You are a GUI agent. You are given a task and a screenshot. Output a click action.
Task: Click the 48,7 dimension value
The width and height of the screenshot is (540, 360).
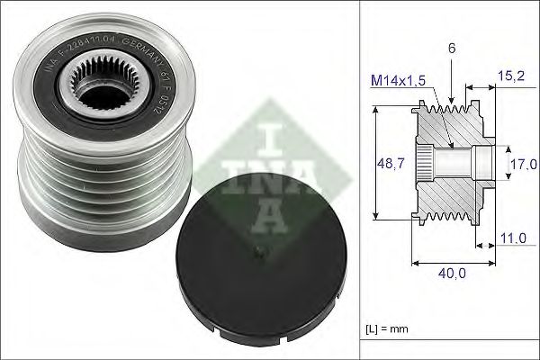tap(385, 163)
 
